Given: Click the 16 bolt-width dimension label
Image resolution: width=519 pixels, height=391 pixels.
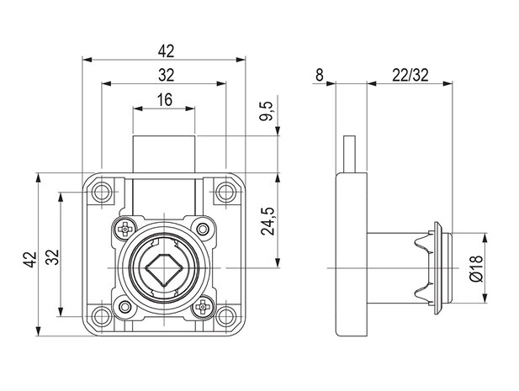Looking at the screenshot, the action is tap(165, 99).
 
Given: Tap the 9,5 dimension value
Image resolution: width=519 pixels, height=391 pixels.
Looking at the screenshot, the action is tap(266, 111).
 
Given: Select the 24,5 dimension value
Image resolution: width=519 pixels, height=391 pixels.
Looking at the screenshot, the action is tap(267, 221).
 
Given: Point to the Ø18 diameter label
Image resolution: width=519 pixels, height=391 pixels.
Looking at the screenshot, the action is tap(476, 268).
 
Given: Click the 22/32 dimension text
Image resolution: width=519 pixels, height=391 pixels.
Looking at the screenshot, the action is tap(410, 75).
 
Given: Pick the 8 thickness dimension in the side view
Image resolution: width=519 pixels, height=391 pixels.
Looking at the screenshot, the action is tap(319, 75).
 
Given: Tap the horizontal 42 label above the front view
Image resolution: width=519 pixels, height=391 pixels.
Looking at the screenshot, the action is tap(166, 51).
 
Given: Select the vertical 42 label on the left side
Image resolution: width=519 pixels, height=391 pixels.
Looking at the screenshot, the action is tap(29, 260).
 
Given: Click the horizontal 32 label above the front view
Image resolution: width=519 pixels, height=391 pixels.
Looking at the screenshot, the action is tap(166, 76).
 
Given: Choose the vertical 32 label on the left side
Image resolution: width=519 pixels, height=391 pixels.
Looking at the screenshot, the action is tap(52, 257).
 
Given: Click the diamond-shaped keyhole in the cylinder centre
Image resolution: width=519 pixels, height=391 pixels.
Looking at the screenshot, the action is tap(163, 269).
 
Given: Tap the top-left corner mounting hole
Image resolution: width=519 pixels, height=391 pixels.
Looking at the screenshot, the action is tap(102, 192).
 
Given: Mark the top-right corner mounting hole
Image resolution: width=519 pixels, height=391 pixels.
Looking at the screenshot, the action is tap(225, 192).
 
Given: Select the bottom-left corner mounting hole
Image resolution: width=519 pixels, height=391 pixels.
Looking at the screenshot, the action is tap(102, 316).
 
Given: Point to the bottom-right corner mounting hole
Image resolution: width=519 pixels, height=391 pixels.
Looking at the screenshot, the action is tap(225, 316).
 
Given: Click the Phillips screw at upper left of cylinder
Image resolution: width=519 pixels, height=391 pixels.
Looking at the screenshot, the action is tap(124, 229).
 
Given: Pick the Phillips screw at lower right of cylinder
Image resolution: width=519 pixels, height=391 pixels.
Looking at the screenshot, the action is tap(202, 308).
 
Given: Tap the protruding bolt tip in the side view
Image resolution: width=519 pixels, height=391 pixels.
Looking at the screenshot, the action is tap(350, 154).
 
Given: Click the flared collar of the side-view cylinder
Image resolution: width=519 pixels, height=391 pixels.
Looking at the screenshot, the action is tap(437, 268).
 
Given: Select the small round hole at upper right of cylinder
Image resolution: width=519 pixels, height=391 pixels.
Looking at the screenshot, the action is tap(202, 229).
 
